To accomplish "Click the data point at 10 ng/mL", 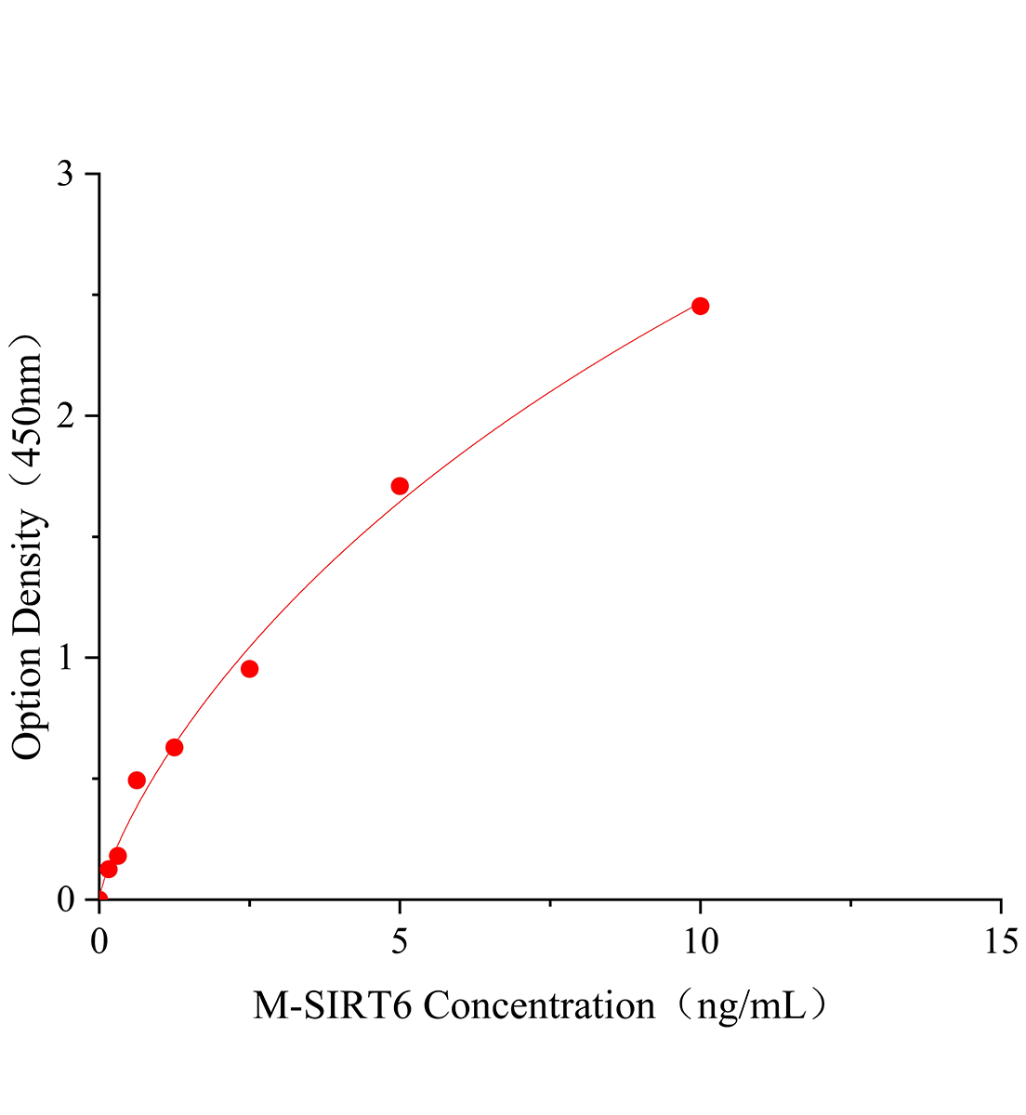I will pyautogui.click(x=700, y=306).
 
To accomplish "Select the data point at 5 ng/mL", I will pyautogui.click(x=400, y=486).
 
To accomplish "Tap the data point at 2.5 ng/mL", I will pyautogui.click(x=249, y=669).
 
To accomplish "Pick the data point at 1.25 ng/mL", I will pyautogui.click(x=174, y=747).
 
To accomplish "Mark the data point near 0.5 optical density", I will pyautogui.click(x=137, y=780).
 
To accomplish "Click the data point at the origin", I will pyautogui.click(x=99, y=899).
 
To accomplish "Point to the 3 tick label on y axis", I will pyautogui.click(x=65, y=175).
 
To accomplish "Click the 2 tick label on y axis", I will pyautogui.click(x=65, y=416).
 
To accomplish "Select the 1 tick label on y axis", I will pyautogui.click(x=65, y=658).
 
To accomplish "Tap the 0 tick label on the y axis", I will pyautogui.click(x=65, y=899).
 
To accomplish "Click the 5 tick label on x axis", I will pyautogui.click(x=400, y=941).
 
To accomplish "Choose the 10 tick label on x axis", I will pyautogui.click(x=700, y=941).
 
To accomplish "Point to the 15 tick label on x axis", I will pyautogui.click(x=1000, y=941).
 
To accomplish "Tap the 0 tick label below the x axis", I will pyautogui.click(x=99, y=941).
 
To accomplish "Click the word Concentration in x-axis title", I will pyautogui.click(x=539, y=1005).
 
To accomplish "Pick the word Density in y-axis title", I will pyautogui.click(x=28, y=576).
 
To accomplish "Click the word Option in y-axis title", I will pyautogui.click(x=28, y=702).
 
